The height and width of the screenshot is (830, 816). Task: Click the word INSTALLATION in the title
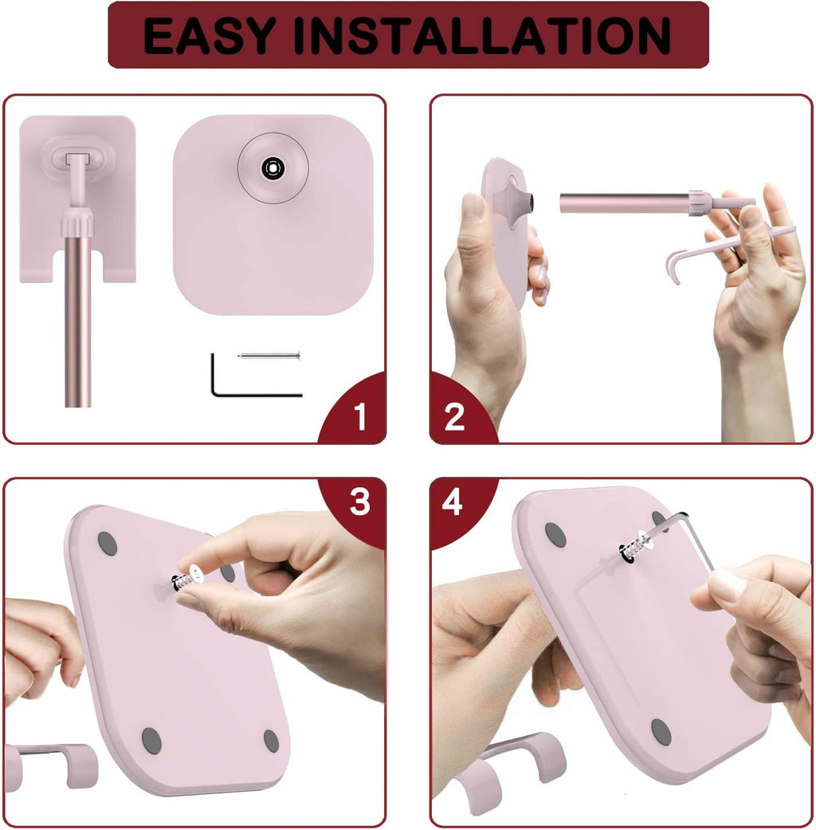[487, 36]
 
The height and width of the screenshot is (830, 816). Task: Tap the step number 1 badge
[360, 416]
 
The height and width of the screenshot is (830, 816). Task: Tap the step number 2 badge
[455, 416]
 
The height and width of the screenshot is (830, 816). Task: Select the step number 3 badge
[360, 503]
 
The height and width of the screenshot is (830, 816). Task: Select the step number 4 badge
[453, 503]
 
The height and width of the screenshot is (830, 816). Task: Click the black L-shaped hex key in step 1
[239, 383]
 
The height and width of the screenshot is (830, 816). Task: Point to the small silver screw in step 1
[269, 355]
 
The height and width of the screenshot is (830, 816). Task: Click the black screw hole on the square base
[273, 167]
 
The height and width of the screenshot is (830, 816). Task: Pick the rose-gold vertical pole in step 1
[78, 319]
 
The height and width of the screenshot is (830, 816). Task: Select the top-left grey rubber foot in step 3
[108, 544]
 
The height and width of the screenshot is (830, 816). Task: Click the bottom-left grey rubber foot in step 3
[151, 741]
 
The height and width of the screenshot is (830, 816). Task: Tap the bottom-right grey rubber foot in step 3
[272, 740]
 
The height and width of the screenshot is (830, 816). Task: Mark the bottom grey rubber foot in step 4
[661, 731]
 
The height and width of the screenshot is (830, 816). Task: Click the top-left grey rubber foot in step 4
[555, 534]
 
